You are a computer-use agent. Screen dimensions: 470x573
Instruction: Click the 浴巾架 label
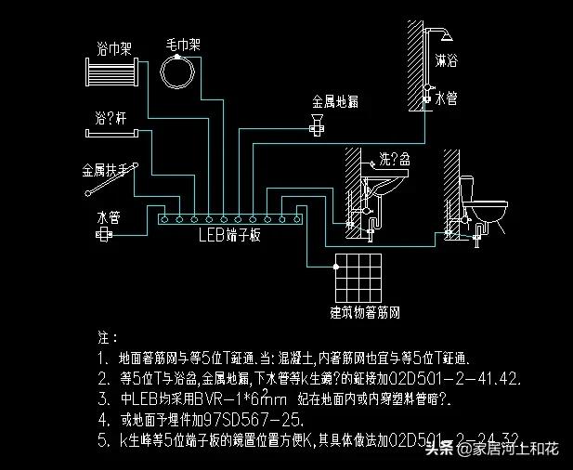(114, 46)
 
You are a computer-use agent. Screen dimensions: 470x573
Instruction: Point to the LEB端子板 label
(228, 236)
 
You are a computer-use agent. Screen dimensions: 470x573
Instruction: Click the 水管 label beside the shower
(445, 98)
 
